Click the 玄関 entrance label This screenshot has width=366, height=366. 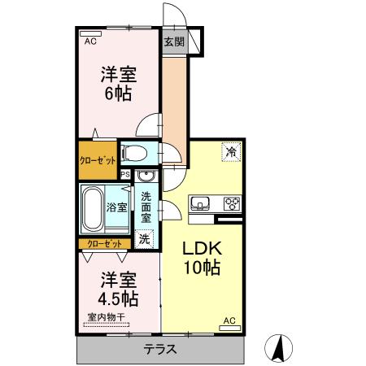click(172, 42)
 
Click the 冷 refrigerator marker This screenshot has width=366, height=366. click(231, 152)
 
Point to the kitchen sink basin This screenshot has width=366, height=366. click(200, 203)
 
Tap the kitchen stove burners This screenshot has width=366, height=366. click(230, 203)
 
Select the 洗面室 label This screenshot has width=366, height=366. click(146, 207)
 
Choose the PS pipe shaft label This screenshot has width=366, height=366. click(125, 174)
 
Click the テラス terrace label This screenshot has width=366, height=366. click(160, 350)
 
